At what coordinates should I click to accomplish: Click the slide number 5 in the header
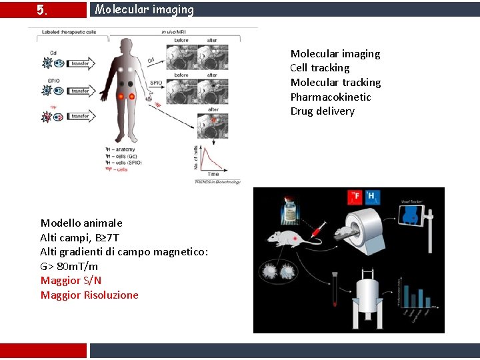[41, 10]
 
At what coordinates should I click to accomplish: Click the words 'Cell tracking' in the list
[319, 68]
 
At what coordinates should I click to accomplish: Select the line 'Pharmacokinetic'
[330, 97]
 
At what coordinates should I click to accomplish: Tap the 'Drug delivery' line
[322, 111]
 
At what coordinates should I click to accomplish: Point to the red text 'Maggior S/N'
[71, 281]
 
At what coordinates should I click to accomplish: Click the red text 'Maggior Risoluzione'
[89, 295]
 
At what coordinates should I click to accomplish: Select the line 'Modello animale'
[81, 223]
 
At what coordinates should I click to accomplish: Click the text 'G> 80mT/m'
[69, 266]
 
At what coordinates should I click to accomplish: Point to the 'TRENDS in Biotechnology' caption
[216, 181]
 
